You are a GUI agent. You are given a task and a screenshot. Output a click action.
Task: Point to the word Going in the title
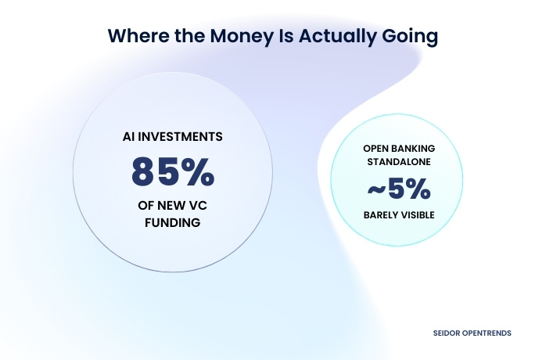(411, 36)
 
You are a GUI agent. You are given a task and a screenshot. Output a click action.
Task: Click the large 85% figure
(172, 171)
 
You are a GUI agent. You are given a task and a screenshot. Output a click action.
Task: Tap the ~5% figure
(399, 189)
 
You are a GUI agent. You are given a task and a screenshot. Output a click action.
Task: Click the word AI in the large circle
(128, 136)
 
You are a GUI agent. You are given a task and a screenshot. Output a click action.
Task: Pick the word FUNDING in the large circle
(172, 223)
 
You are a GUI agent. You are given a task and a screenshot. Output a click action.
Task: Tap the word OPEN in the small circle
(376, 149)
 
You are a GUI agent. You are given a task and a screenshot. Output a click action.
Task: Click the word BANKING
(415, 149)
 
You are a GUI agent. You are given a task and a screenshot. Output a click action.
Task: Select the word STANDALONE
(399, 164)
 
